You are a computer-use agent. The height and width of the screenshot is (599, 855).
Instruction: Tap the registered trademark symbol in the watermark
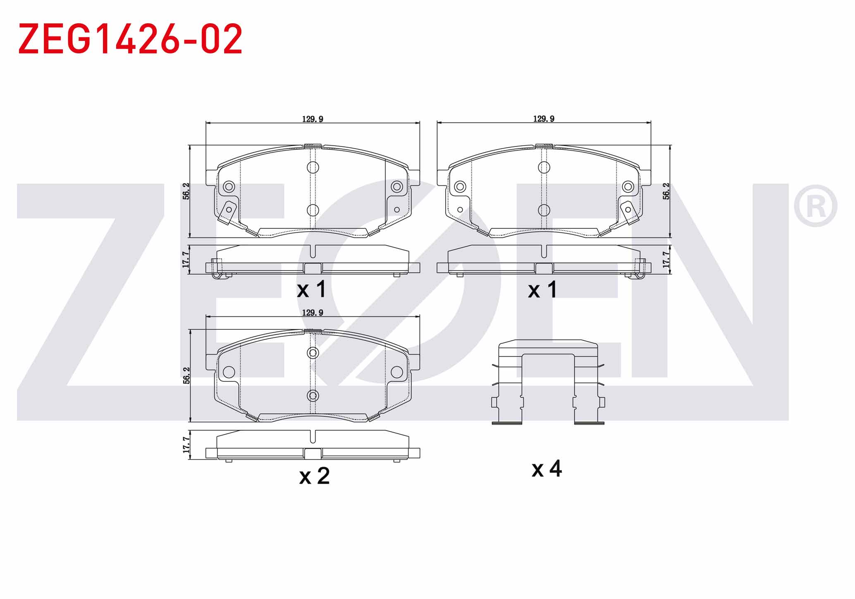[x=815, y=206]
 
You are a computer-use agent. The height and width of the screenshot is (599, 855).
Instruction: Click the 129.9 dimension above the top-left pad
[x=313, y=119]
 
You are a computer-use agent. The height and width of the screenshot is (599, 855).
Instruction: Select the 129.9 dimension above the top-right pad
[x=544, y=119]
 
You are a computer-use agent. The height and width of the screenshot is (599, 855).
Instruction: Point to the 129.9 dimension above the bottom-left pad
[x=313, y=313]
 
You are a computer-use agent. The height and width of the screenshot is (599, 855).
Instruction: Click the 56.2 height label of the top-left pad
[x=186, y=191]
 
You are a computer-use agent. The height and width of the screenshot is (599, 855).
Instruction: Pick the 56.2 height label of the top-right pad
[x=666, y=191]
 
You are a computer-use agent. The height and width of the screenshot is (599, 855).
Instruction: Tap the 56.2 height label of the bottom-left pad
[x=186, y=376]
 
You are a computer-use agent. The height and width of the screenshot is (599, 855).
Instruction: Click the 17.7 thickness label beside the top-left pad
[x=186, y=259]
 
